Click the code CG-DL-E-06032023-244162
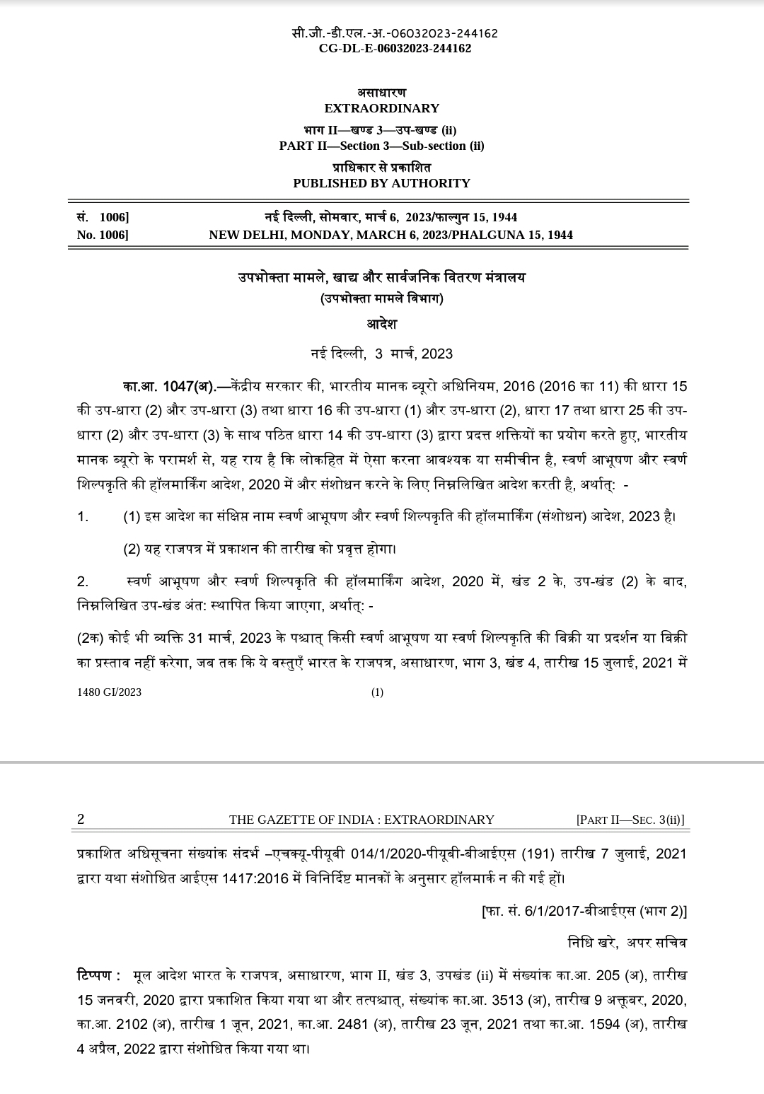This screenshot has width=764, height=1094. (x=395, y=48)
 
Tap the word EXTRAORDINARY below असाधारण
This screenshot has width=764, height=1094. (x=381, y=108)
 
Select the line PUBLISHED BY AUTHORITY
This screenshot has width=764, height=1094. (x=381, y=183)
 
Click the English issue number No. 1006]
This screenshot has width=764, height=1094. (x=103, y=235)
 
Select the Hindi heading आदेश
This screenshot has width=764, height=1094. (x=381, y=325)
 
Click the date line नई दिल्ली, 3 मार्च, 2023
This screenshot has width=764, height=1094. (x=381, y=354)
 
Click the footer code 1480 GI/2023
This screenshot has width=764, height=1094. (x=109, y=692)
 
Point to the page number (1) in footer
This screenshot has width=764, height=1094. (x=377, y=692)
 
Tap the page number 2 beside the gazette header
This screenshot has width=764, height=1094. (x=81, y=820)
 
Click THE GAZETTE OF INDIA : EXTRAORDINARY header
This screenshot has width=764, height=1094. (x=361, y=820)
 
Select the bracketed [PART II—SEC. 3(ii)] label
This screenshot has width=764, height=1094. (x=630, y=820)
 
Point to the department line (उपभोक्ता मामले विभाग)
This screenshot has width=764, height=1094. (x=381, y=299)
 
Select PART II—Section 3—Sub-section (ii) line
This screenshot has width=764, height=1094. (x=381, y=146)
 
